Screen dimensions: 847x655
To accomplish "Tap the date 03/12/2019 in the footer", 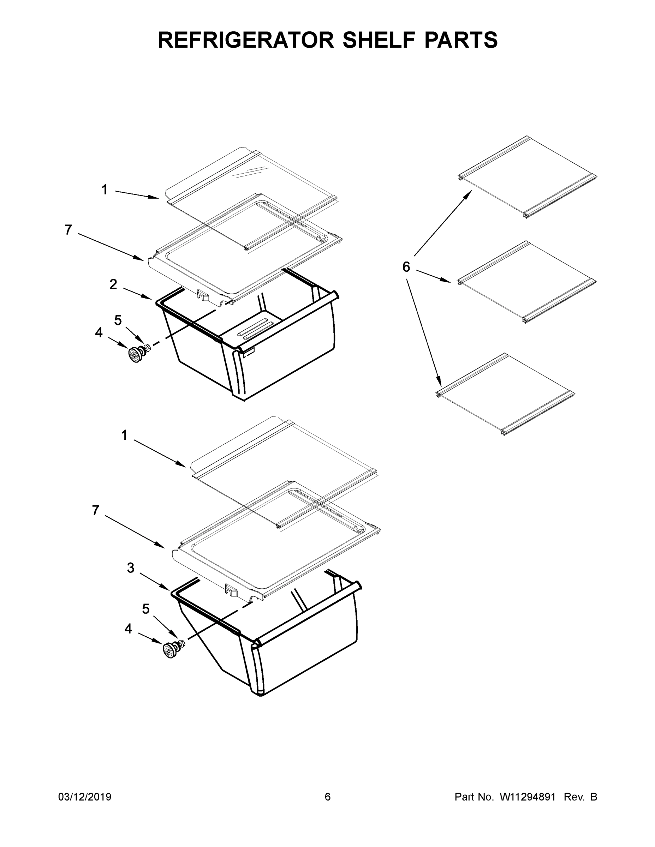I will click(x=85, y=797).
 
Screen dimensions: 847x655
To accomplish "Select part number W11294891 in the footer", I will click(x=528, y=797).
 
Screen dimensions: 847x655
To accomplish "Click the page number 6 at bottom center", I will click(x=328, y=797).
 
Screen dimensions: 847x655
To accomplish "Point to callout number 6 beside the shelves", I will click(x=406, y=267).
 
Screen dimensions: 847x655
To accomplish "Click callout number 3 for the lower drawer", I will click(x=131, y=568).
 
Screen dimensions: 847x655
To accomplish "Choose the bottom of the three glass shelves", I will click(x=506, y=395).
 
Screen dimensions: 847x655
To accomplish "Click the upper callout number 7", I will click(x=68, y=230).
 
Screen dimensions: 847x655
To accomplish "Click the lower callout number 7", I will click(x=96, y=510).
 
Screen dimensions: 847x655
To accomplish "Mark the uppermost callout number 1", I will click(x=105, y=190).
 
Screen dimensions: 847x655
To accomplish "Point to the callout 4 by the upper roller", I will click(x=99, y=332).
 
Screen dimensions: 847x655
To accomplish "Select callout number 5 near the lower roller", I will click(x=145, y=609).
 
